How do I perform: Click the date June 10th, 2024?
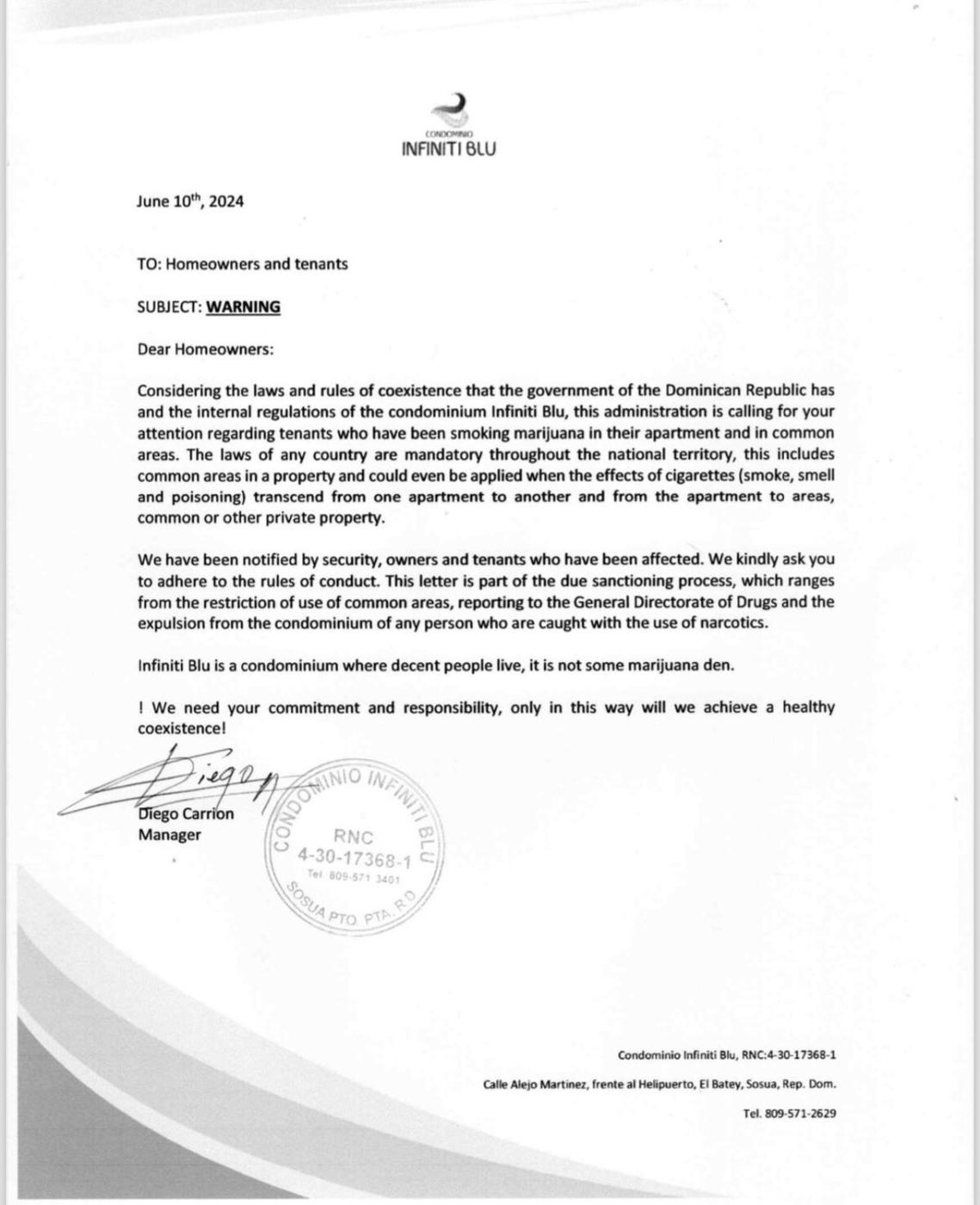[x=189, y=201]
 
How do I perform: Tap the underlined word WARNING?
[x=243, y=306]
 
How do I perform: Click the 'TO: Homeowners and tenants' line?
[x=242, y=264]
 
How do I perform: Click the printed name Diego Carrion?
[x=186, y=813]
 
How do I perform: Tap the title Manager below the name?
[x=169, y=834]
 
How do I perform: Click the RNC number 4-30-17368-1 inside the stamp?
[x=354, y=858]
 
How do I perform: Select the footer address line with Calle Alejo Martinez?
[x=659, y=1084]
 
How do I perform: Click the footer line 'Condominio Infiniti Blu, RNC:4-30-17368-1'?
[x=727, y=1054]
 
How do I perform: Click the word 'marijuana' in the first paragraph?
[x=542, y=433]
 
